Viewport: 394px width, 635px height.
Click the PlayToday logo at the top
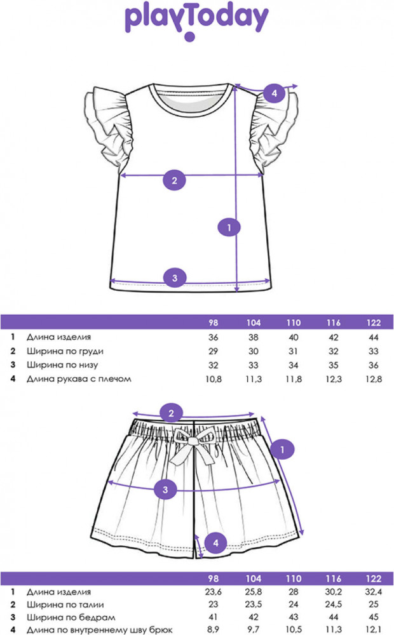tap(196, 21)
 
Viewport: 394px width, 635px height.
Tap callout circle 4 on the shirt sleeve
tap(275, 93)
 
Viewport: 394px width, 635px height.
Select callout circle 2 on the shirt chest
tap(175, 180)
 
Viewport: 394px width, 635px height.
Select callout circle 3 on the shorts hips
tap(165, 489)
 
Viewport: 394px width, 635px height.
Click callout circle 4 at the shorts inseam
tap(216, 543)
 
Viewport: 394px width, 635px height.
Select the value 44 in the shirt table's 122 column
tap(374, 337)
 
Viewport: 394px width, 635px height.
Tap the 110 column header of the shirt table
tap(293, 323)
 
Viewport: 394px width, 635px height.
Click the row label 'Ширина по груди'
tap(65, 351)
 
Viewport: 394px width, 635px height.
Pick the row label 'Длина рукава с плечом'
tap(79, 379)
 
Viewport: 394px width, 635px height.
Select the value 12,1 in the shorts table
tap(374, 629)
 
